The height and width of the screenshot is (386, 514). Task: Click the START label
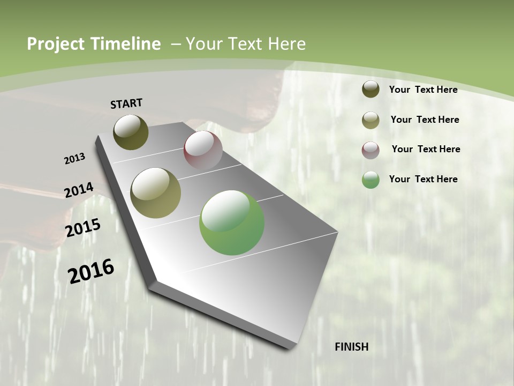(x=126, y=103)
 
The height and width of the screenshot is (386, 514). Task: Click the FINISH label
(x=351, y=347)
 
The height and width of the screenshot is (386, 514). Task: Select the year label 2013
(x=74, y=159)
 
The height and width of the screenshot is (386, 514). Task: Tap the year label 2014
(x=79, y=190)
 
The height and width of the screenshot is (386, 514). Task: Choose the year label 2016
(x=90, y=271)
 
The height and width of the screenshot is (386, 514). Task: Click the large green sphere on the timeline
(x=232, y=222)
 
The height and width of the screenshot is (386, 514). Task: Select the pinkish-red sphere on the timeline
(x=203, y=150)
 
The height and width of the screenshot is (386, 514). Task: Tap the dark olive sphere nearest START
(x=131, y=132)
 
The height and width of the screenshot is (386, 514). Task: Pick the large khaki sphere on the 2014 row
(x=156, y=193)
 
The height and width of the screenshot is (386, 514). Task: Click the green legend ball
(x=371, y=180)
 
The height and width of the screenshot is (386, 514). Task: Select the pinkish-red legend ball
(x=371, y=150)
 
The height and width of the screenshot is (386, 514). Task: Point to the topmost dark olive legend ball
(x=371, y=89)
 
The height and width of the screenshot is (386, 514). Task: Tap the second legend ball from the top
(x=371, y=120)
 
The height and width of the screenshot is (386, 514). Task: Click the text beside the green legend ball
(x=423, y=179)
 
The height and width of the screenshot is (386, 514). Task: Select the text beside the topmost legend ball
(x=423, y=90)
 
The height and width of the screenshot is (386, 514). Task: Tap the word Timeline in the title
(x=128, y=44)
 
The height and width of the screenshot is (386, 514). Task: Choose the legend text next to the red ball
(x=426, y=149)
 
